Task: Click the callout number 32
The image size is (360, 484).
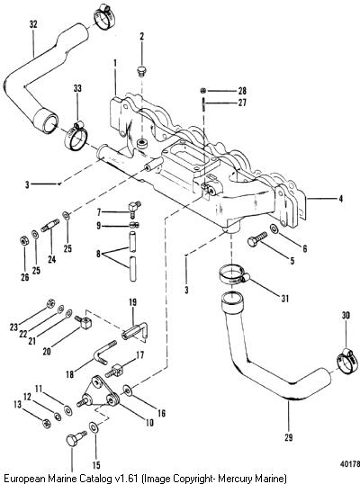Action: (x=33, y=24)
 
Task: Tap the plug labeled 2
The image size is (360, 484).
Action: (x=141, y=71)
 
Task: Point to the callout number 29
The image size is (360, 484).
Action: (x=288, y=438)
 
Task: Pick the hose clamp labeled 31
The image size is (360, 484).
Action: (x=233, y=275)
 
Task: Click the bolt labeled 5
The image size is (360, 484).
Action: (x=256, y=239)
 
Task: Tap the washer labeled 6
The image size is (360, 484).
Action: (x=274, y=229)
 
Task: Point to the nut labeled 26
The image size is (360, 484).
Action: (x=23, y=240)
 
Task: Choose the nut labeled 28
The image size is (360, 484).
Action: (x=202, y=91)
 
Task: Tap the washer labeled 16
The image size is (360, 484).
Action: (x=127, y=390)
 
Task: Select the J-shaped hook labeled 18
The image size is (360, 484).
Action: (x=104, y=353)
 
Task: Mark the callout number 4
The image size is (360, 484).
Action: (x=340, y=199)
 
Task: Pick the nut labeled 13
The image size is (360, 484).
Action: (x=47, y=423)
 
